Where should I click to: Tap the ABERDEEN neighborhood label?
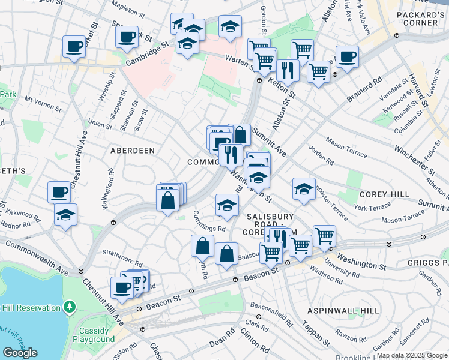pyautogui.click(x=133, y=151)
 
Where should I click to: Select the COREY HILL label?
pyautogui.click(x=384, y=194)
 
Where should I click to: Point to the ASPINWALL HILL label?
pyautogui.click(x=343, y=311)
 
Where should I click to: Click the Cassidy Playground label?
pyautogui.click(x=94, y=334)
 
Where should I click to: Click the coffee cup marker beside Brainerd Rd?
pyautogui.click(x=347, y=57)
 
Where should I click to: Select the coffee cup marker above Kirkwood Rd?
pyautogui.click(x=59, y=191)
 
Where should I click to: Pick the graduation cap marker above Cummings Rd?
pyautogui.click(x=227, y=205)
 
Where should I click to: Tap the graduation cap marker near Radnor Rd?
pyautogui.click(x=65, y=214)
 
